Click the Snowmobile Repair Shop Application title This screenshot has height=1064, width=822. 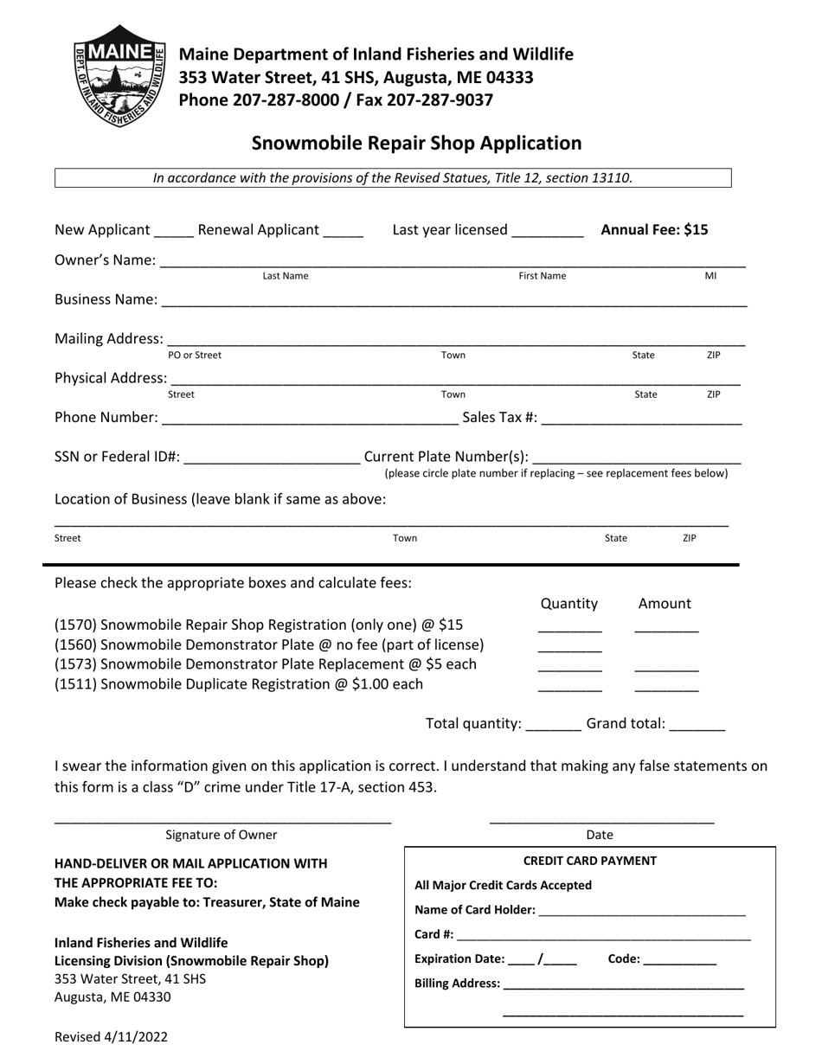416,144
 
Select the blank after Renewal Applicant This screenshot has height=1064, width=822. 344,233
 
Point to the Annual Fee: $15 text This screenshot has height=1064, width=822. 654,230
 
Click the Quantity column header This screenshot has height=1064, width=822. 568,604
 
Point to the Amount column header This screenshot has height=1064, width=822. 665,604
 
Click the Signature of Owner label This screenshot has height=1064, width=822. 222,835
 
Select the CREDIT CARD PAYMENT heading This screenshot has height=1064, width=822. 589,861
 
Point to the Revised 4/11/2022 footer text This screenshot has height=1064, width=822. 111,1037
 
